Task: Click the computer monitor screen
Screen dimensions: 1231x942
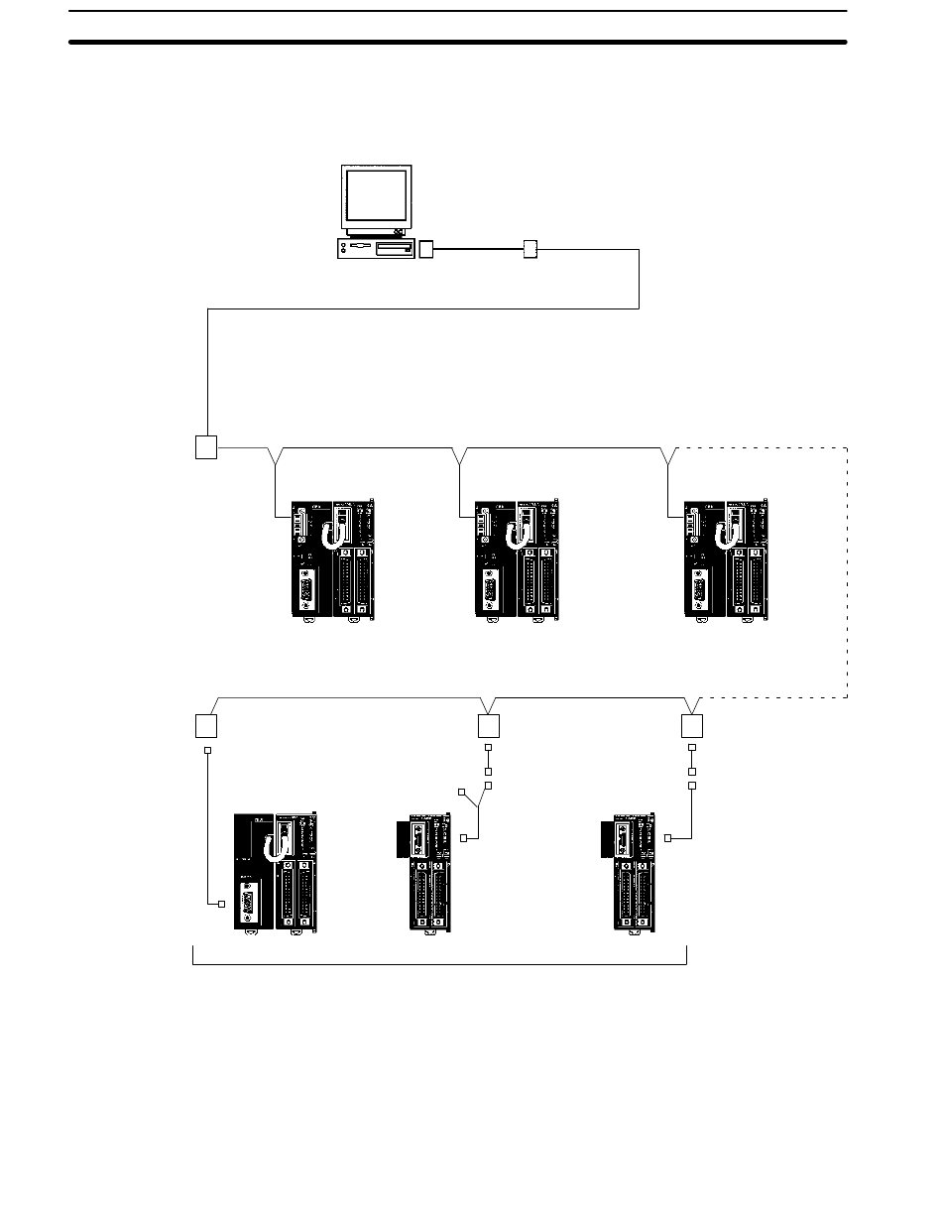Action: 377,195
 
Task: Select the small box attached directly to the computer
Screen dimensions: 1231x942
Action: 426,249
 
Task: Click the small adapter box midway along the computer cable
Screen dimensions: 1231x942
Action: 530,249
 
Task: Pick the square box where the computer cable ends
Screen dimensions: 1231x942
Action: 205,447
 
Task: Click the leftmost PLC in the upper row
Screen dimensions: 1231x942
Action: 332,561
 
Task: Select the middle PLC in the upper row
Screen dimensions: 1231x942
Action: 518,561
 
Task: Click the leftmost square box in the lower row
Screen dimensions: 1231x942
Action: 205,725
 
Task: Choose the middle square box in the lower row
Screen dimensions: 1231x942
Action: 488,725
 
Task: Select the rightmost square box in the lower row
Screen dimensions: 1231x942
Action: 692,725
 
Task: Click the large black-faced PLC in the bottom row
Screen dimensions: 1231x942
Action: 275,871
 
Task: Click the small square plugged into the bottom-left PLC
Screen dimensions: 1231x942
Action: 221,904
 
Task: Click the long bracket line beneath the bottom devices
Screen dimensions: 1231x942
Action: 438,961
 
